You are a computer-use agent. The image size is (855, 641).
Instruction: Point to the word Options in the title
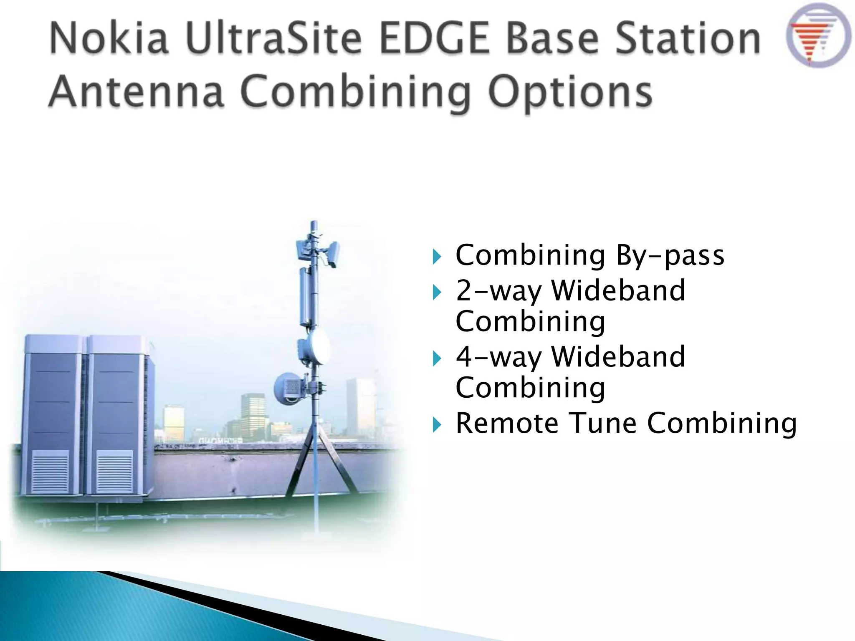click(570, 92)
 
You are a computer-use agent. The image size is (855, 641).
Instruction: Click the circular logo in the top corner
click(818, 35)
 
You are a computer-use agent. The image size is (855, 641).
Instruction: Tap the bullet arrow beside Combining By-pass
click(437, 256)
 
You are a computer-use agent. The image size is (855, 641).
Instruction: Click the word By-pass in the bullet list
click(670, 255)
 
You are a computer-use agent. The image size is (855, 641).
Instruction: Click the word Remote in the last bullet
click(507, 424)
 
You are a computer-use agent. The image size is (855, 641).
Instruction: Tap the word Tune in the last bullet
click(603, 424)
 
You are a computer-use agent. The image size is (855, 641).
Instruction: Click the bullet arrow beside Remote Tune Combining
click(437, 425)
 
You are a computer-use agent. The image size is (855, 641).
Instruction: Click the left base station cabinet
click(52, 413)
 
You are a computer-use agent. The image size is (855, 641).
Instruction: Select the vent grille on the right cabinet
click(114, 472)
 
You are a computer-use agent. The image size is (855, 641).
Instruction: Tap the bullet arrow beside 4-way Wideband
click(437, 358)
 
